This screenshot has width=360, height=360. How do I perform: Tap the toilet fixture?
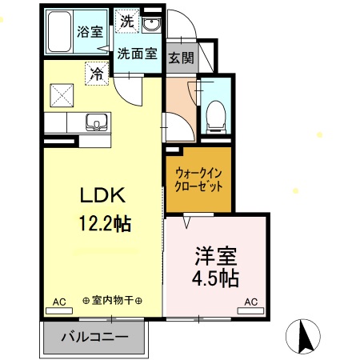click(214, 116)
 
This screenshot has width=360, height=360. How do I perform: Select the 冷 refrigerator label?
click(97, 73)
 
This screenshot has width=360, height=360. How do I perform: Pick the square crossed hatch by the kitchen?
click(61, 95)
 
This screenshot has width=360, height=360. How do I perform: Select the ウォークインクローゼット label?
click(198, 179)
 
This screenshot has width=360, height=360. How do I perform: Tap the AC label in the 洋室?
click(250, 302)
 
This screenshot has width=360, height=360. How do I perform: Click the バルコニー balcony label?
click(95, 337)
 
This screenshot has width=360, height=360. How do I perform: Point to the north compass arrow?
click(306, 335)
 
